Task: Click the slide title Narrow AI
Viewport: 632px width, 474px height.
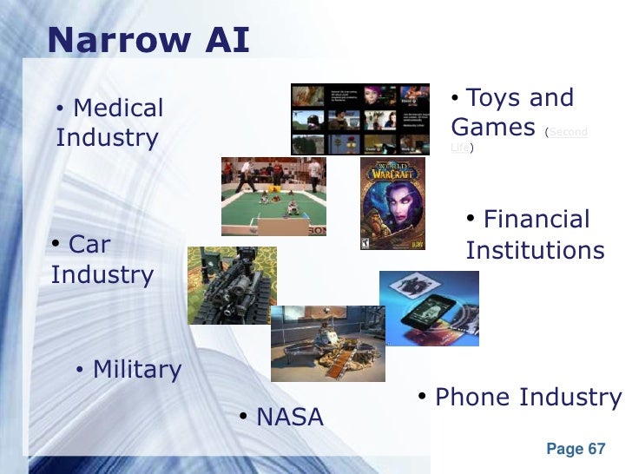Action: click(x=148, y=39)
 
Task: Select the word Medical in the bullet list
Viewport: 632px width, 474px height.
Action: click(x=118, y=109)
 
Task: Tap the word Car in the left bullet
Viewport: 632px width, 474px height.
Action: click(x=89, y=244)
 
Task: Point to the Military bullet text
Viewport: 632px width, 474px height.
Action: click(x=136, y=370)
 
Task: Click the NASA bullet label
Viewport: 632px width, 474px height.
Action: click(x=289, y=418)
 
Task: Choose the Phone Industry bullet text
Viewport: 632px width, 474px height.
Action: click(x=528, y=398)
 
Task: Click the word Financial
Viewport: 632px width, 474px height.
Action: click(x=536, y=220)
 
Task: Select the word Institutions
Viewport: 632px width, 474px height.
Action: click(x=535, y=251)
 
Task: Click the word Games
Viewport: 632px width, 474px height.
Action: click(x=493, y=128)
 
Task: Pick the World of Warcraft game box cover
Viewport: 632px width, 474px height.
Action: click(x=392, y=204)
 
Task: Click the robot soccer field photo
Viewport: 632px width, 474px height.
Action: click(x=273, y=196)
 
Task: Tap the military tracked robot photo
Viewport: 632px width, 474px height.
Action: click(x=232, y=285)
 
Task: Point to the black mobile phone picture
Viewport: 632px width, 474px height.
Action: click(x=429, y=308)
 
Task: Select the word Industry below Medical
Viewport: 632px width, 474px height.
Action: click(x=107, y=138)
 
